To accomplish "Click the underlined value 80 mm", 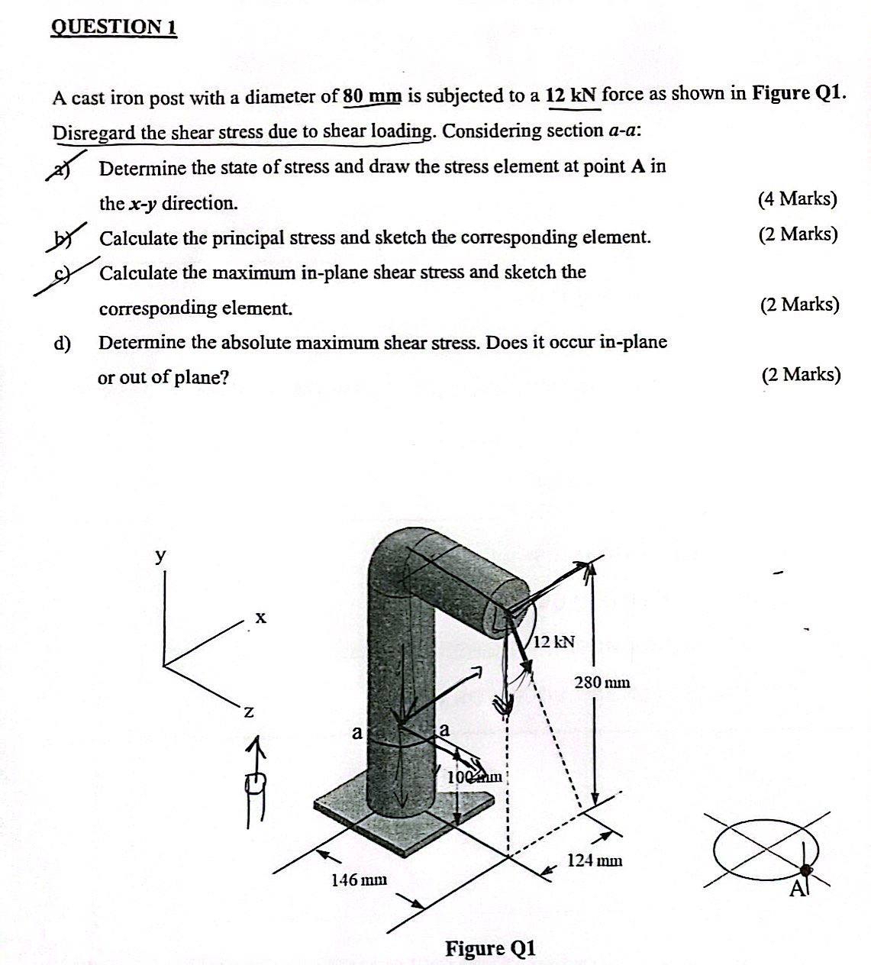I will point(372,96).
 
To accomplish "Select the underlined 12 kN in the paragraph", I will point(573,95).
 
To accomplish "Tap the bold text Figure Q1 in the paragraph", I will point(798,93).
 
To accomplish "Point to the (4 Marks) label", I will point(797,200).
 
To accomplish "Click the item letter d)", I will point(62,344).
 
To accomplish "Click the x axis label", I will point(260,616).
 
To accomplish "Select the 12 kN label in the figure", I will point(554,641).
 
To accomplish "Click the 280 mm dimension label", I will point(602,682).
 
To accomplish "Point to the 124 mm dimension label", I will point(595,860).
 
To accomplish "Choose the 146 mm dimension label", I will point(359,879).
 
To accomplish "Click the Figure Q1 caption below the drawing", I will point(491,948).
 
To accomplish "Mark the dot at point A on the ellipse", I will point(806,869).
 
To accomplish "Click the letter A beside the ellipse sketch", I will point(797,888).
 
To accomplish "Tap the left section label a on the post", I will point(356,733).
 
